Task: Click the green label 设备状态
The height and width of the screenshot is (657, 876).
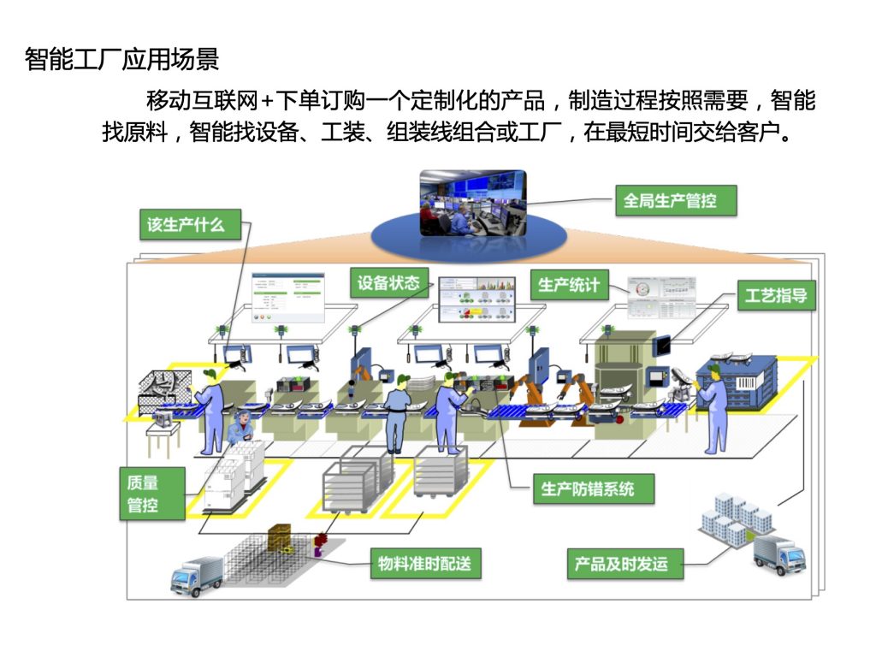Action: pyautogui.click(x=388, y=283)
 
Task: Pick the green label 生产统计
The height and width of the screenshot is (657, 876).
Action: pyautogui.click(x=569, y=285)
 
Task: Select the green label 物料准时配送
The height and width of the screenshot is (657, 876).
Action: pyautogui.click(x=425, y=564)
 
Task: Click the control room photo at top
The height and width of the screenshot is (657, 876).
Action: pyautogui.click(x=472, y=204)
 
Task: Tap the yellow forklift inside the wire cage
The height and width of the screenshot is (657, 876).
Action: pyautogui.click(x=281, y=538)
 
